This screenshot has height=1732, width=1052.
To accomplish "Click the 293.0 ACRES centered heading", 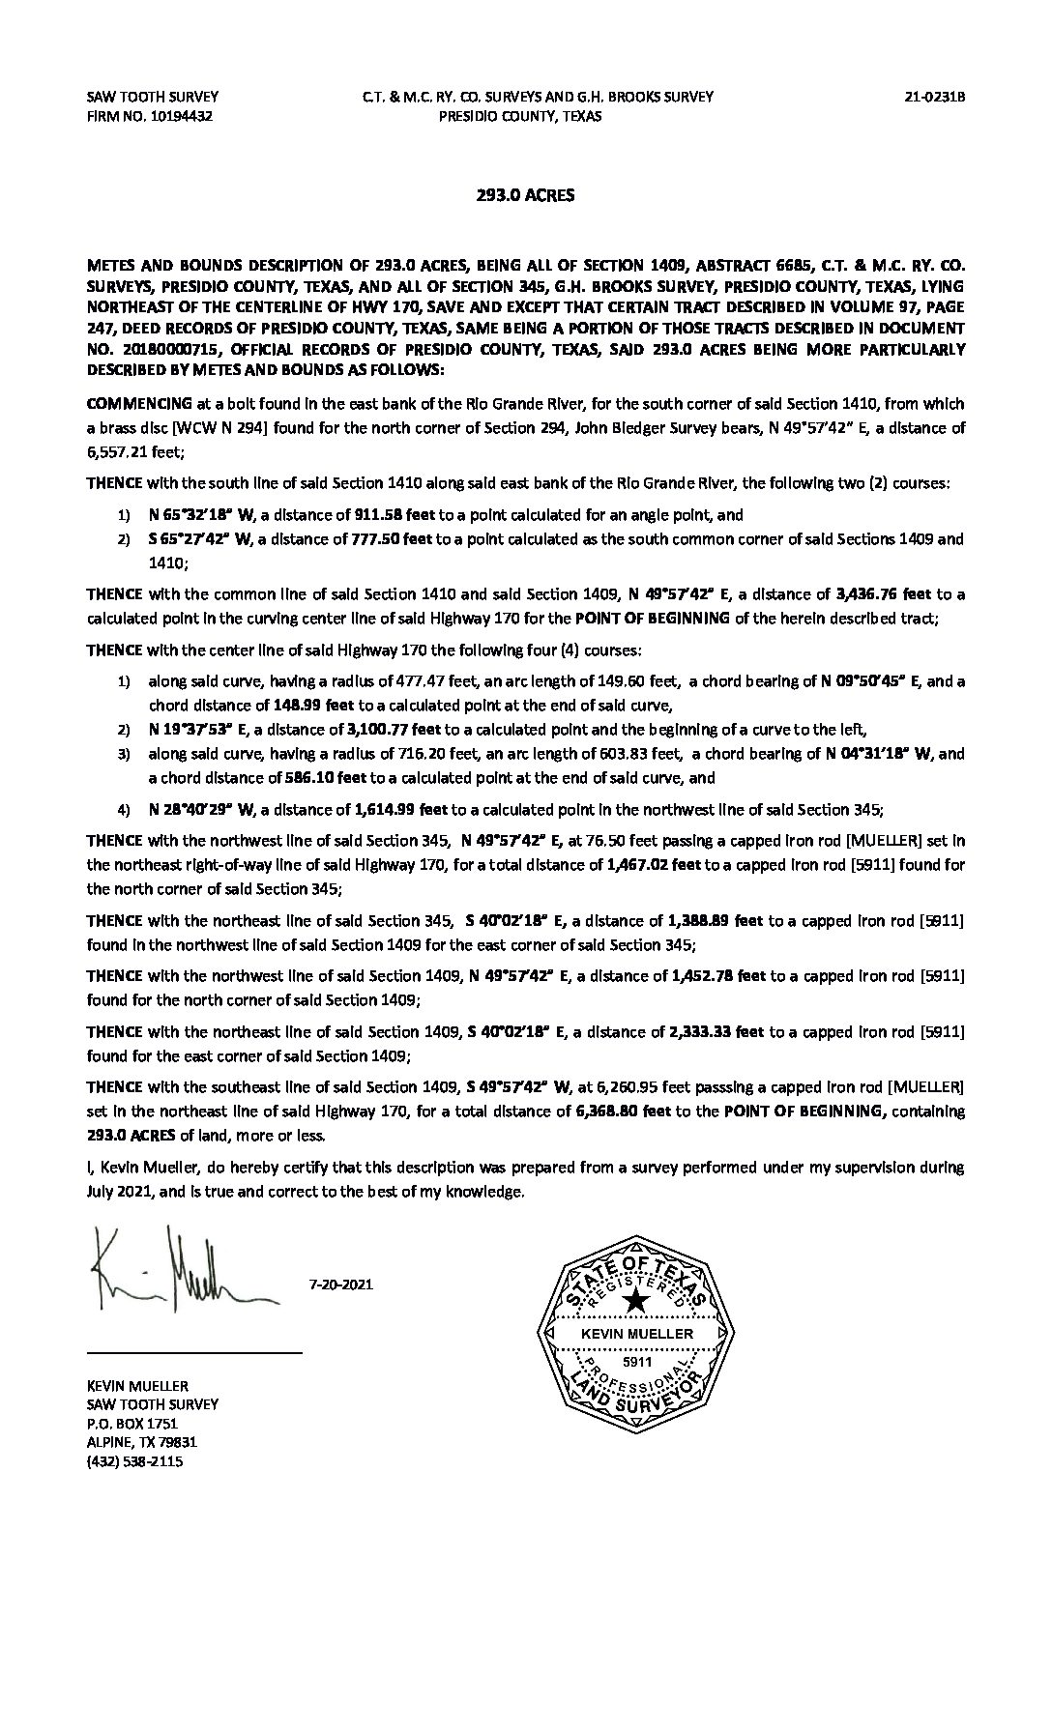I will tap(525, 195).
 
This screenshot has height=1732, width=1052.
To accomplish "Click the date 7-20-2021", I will tap(340, 1285).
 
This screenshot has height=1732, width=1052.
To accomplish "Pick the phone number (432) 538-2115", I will tap(134, 1461).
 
